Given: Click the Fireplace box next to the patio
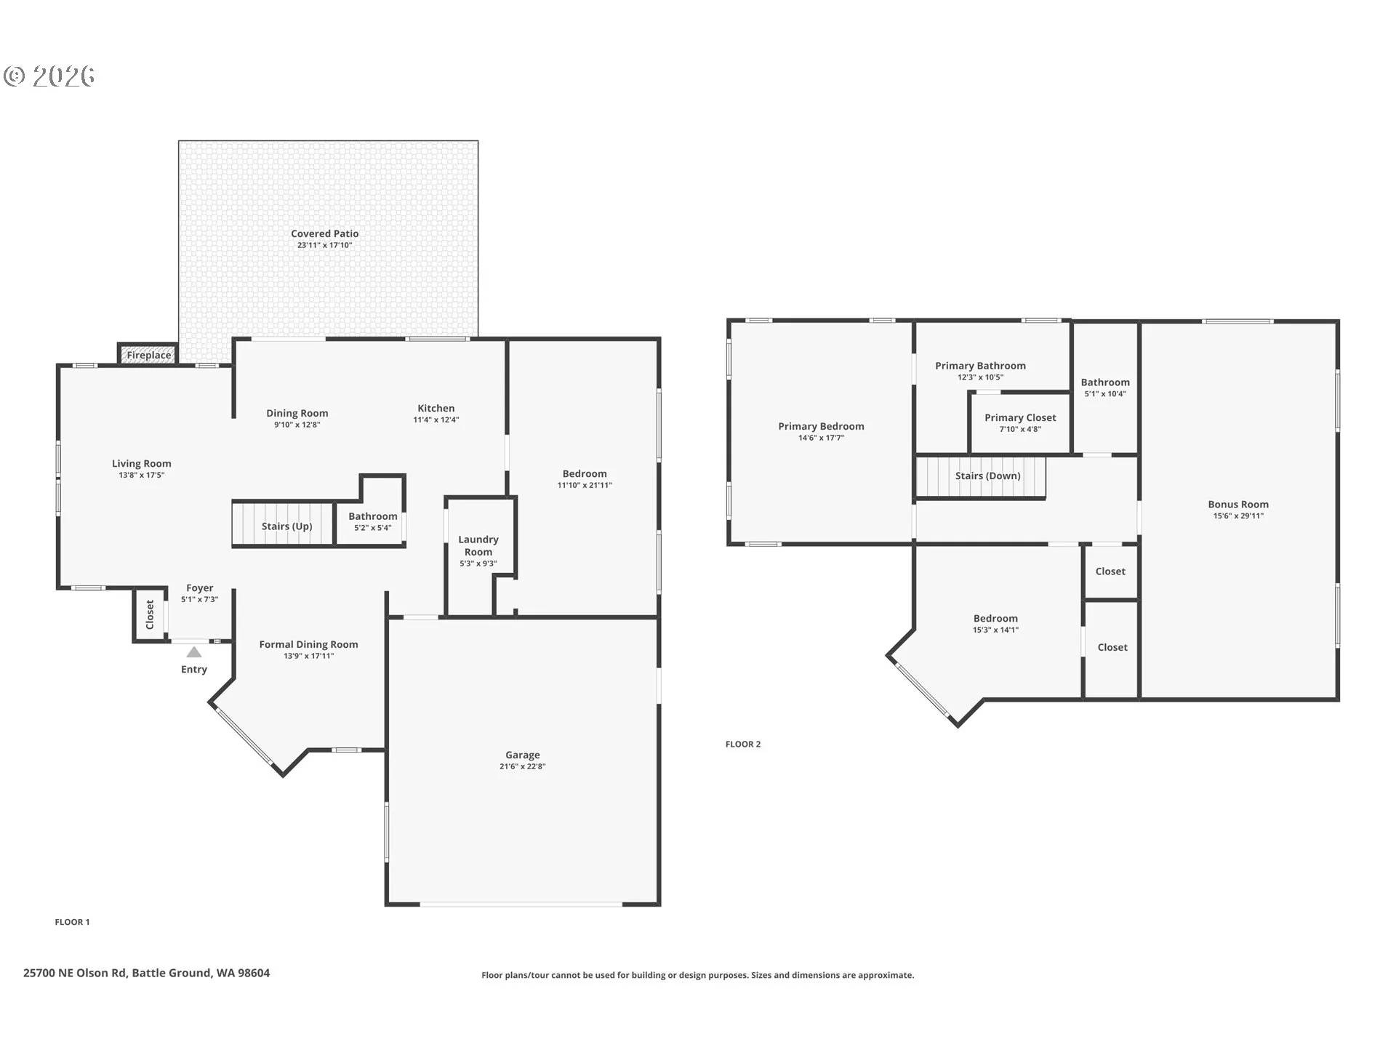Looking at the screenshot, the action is (148, 354).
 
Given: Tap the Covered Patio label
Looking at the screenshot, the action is (325, 233).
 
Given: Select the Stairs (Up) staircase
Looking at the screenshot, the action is (282, 523).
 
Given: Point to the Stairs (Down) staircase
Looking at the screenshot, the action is (980, 477).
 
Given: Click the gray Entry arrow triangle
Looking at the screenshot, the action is (193, 652).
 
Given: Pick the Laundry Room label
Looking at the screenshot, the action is (478, 545).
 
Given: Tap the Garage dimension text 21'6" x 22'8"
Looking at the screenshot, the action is (523, 766).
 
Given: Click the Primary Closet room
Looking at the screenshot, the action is (1020, 422).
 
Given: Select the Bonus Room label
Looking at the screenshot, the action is (1238, 504).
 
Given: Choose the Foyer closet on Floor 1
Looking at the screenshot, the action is (150, 615).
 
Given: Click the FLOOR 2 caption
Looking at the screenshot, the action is (743, 744).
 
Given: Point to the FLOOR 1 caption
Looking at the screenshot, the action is (72, 922).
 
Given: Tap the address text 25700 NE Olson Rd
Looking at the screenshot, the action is (75, 973).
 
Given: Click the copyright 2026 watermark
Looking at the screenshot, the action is (49, 76).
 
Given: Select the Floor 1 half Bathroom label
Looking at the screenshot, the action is (373, 516).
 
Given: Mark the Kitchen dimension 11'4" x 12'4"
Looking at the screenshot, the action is (436, 420).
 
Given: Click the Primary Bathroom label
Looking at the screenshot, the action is (980, 366).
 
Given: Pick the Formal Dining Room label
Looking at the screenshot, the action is (309, 644).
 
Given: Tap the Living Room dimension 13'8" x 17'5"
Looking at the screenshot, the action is (142, 475).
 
